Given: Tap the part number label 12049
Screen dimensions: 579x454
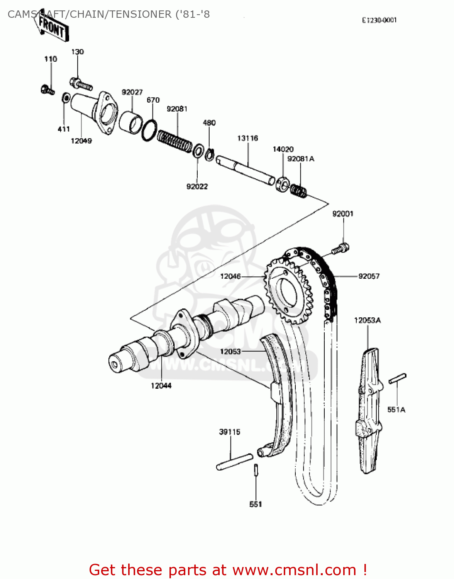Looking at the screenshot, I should pyautogui.click(x=81, y=141).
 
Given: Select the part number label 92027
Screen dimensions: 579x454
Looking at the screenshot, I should pyautogui.click(x=132, y=92).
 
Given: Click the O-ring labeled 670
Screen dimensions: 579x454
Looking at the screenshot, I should pyautogui.click(x=149, y=130).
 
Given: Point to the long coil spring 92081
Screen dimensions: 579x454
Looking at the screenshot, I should pyautogui.click(x=174, y=140).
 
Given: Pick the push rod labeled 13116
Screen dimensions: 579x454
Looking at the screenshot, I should pyautogui.click(x=246, y=170).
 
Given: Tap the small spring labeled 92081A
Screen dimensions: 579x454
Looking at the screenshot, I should pyautogui.click(x=298, y=190).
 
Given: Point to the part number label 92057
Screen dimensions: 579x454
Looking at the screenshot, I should pyautogui.click(x=369, y=276).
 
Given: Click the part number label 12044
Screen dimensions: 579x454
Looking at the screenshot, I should pyautogui.click(x=161, y=386).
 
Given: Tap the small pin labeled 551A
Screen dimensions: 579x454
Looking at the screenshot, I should pyautogui.click(x=397, y=378).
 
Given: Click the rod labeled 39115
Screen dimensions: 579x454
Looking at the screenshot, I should pyautogui.click(x=234, y=462).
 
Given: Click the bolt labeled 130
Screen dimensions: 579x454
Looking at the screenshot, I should pyautogui.click(x=81, y=84).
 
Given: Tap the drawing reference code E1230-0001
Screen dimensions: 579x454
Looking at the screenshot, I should pyautogui.click(x=379, y=20).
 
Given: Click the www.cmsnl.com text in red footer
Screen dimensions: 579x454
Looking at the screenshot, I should pyautogui.click(x=295, y=570).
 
